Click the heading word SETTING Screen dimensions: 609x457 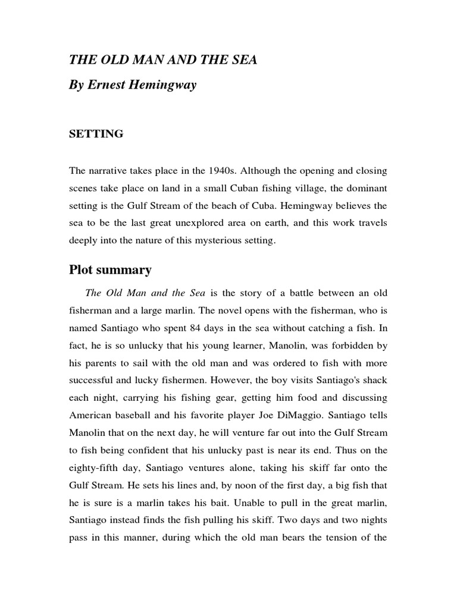pyautogui.click(x=96, y=134)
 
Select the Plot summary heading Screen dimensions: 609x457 pyautogui.click(x=110, y=270)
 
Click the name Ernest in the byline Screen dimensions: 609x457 pyautogui.click(x=113, y=85)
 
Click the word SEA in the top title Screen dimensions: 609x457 pyautogui.click(x=245, y=61)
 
